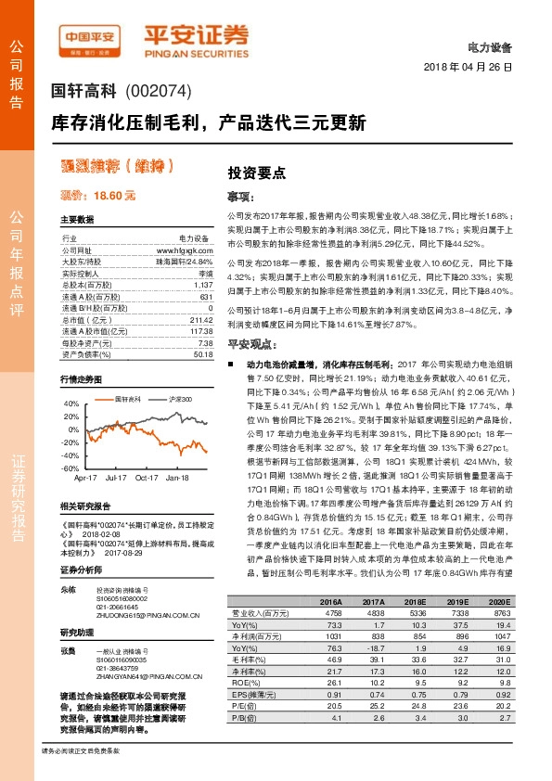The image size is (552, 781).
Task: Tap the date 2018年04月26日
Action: click(x=468, y=68)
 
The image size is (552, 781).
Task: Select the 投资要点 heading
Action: click(x=256, y=173)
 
